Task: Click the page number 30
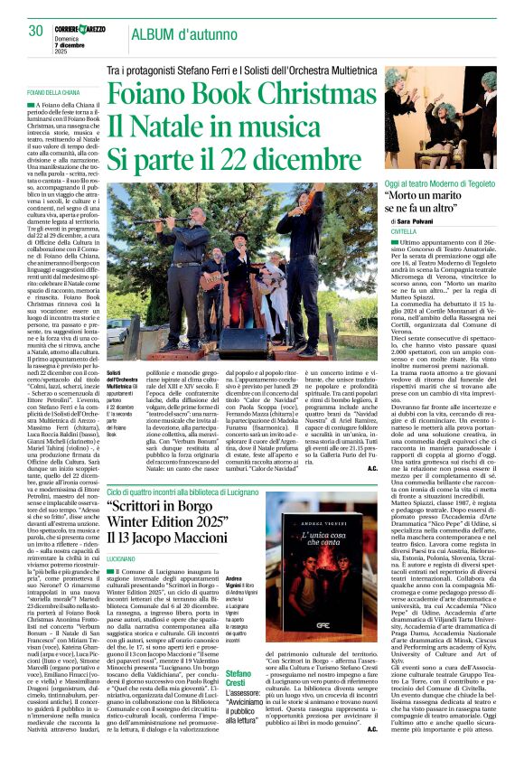pyautogui.click(x=36, y=31)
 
